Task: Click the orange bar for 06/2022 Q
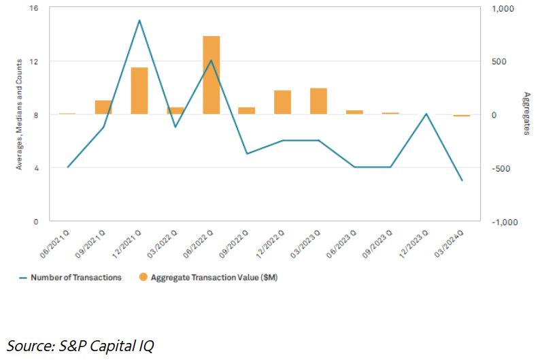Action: pyautogui.click(x=211, y=75)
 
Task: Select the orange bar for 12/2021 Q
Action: pyautogui.click(x=139, y=91)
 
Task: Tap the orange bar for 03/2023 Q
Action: pyautogui.click(x=318, y=101)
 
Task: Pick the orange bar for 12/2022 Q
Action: pyautogui.click(x=282, y=102)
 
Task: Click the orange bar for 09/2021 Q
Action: pyautogui.click(x=103, y=107)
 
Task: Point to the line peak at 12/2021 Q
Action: pyautogui.click(x=139, y=20)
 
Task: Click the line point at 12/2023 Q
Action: pyautogui.click(x=426, y=114)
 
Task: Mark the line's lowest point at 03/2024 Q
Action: pyautogui.click(x=462, y=180)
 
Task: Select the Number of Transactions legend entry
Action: pyautogui.click(x=75, y=278)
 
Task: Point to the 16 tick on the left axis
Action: pyautogui.click(x=34, y=8)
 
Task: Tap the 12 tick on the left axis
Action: pyautogui.click(x=34, y=61)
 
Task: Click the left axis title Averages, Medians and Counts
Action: pyautogui.click(x=20, y=114)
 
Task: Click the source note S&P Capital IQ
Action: pyautogui.click(x=80, y=345)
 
